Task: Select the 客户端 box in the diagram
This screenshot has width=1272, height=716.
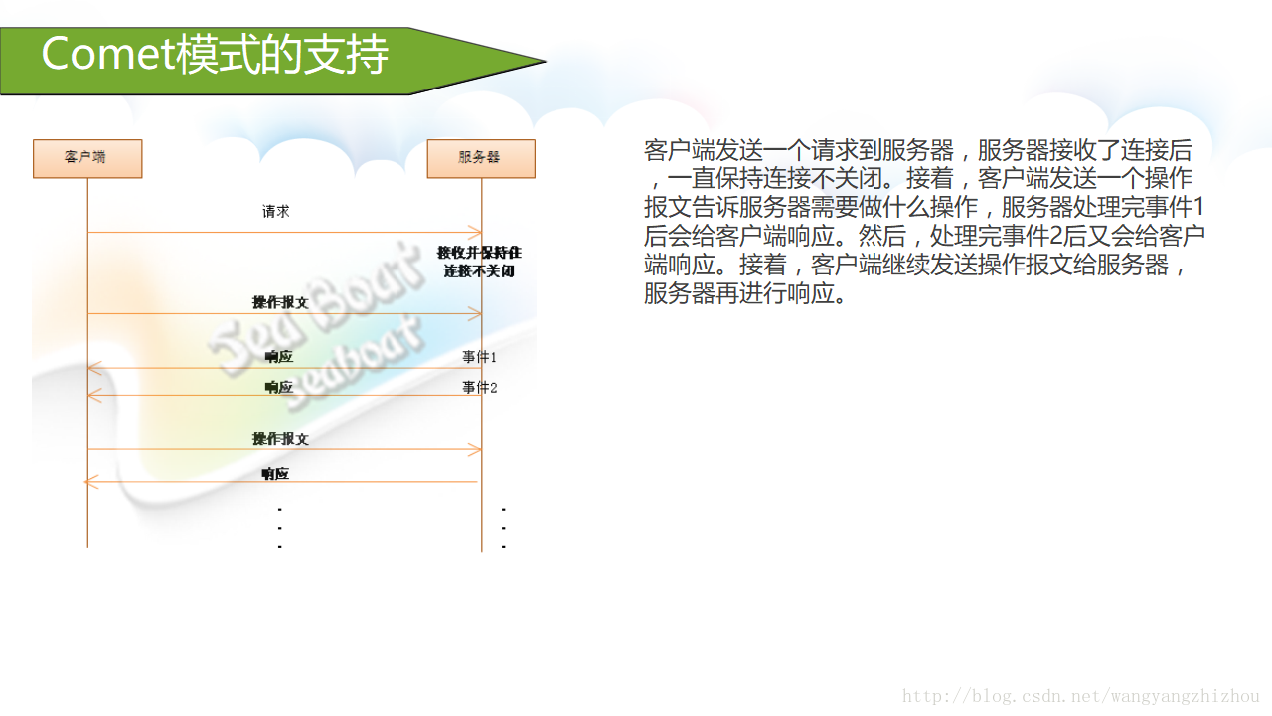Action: [x=87, y=158]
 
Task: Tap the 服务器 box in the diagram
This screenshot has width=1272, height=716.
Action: [x=481, y=158]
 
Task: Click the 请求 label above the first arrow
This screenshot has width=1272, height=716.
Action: [x=276, y=212]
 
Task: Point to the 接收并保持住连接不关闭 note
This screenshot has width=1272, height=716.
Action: [x=479, y=262]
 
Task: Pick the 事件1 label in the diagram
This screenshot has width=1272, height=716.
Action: [x=479, y=356]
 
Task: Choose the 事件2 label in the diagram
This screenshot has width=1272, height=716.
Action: [x=479, y=387]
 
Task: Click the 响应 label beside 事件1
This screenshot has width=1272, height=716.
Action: [x=279, y=357]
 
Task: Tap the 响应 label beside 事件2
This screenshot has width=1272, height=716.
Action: [x=279, y=387]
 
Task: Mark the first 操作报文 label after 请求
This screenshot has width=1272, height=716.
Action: [x=280, y=302]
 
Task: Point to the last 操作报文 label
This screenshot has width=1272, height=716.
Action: [x=280, y=438]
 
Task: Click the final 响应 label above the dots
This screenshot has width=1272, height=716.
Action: [x=275, y=474]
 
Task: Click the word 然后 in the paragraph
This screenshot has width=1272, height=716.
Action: [x=880, y=237]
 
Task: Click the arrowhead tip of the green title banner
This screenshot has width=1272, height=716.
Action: [x=544, y=61]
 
